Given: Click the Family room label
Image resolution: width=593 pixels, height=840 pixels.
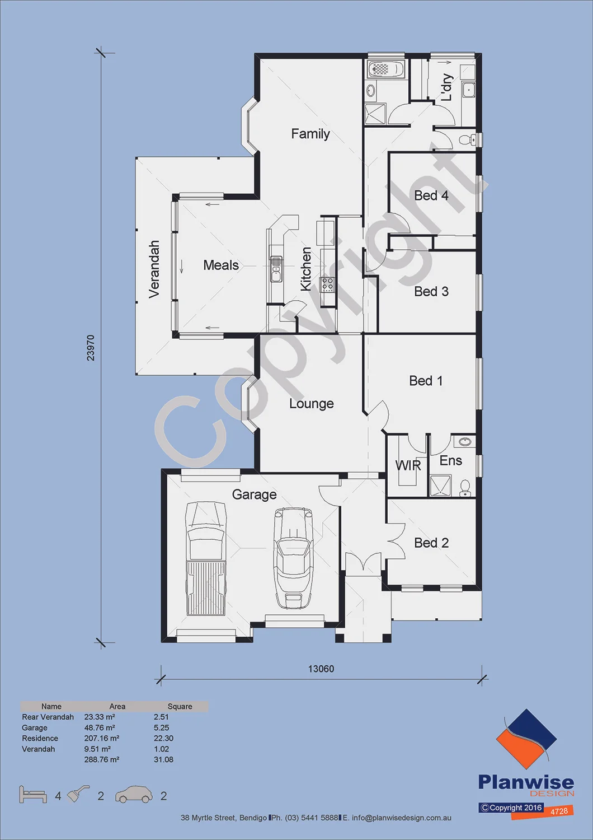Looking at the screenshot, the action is click(x=310, y=134).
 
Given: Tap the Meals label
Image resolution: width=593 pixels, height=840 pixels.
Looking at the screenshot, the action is click(x=221, y=265).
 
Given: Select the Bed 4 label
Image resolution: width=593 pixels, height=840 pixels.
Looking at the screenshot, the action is click(x=431, y=195).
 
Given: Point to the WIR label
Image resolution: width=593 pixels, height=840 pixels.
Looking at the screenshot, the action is click(x=408, y=465).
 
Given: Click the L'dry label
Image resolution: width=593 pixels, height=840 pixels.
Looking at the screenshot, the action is click(x=446, y=87).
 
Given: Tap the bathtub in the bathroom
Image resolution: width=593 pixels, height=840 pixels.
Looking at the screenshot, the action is click(x=386, y=69).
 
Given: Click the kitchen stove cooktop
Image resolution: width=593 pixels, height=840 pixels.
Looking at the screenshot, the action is click(x=327, y=284).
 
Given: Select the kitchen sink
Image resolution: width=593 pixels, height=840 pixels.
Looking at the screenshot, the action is click(x=276, y=269).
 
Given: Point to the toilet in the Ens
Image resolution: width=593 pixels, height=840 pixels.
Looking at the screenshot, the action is click(x=465, y=488).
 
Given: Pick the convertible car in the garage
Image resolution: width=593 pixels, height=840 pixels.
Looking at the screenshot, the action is click(x=294, y=558).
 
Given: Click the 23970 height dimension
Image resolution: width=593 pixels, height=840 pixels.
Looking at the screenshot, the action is click(x=91, y=348).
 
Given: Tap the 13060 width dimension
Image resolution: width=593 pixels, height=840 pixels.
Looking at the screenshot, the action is click(x=321, y=669).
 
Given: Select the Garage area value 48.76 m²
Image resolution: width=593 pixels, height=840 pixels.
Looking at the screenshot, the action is click(x=99, y=727).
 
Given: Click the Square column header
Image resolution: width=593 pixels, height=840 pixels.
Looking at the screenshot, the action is click(x=180, y=707).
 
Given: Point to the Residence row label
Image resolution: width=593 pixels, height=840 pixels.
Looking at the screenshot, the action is click(x=40, y=739).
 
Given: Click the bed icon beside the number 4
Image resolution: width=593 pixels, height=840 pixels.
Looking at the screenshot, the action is click(x=33, y=794).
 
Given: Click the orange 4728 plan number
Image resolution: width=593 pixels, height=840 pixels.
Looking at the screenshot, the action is click(x=559, y=811).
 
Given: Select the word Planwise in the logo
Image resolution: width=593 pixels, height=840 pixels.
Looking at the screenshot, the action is click(x=526, y=782).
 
